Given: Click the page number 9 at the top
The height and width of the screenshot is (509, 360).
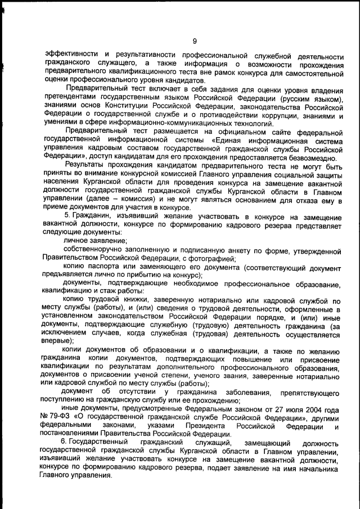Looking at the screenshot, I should click(194, 40).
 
